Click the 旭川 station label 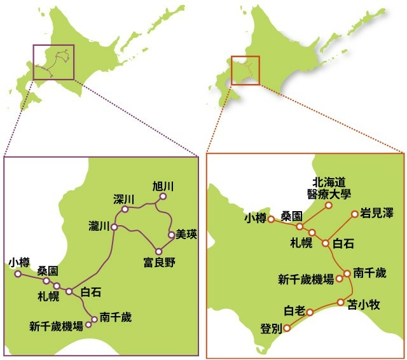point(163,186)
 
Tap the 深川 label point(125,197)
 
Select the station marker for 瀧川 point(114,226)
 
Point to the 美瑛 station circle point(171,235)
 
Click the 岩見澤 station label point(376,213)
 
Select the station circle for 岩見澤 point(355,214)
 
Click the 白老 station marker point(310,312)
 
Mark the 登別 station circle point(287,328)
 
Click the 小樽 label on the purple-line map point(20,262)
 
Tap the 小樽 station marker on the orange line point(270,219)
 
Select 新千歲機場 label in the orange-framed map point(306,279)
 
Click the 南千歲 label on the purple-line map point(116,317)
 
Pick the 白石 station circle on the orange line point(326,242)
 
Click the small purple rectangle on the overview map point(53,62)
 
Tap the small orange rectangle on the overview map point(245,70)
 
